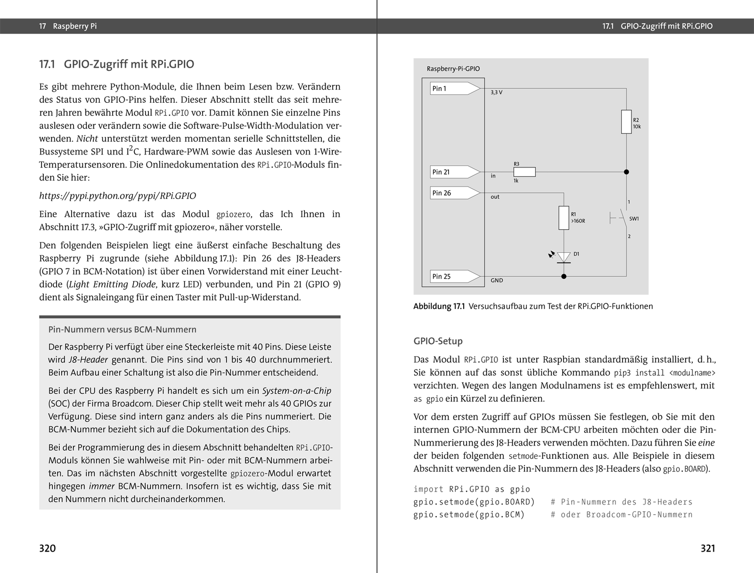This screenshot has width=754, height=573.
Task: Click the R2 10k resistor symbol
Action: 626,122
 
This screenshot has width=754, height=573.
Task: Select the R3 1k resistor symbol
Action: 525,172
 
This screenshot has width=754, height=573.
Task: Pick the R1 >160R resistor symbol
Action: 564,218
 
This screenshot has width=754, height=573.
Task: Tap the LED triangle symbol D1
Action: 564,257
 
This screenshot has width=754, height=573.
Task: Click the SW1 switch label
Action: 634,219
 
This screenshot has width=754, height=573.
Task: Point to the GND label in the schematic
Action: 497,281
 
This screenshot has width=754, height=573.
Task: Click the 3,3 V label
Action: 496,93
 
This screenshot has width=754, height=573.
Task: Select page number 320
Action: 47,548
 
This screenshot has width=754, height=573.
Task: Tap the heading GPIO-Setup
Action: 438,341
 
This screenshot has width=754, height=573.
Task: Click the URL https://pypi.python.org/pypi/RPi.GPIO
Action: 117,196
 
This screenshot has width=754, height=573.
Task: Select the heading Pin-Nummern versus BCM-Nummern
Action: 122,330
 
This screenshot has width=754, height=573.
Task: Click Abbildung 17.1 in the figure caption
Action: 439,307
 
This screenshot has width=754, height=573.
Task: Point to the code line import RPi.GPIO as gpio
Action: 472,489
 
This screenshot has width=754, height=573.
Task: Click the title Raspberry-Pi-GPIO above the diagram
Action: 453,69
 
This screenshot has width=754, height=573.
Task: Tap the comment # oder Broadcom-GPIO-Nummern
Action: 622,515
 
